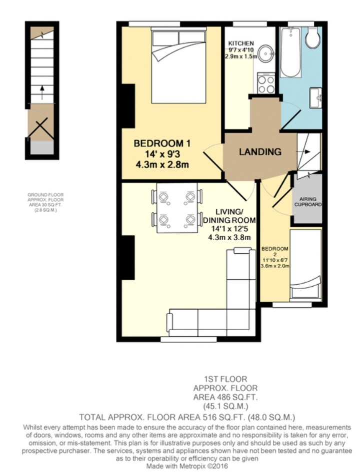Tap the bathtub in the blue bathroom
[290, 52]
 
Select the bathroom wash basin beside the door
[315, 97]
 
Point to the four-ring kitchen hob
[266, 83]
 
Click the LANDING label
[260, 152]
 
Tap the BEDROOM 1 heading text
[162, 143]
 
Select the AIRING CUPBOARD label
[308, 202]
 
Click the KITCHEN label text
[241, 43]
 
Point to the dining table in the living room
[177, 207]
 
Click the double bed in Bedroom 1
[178, 65]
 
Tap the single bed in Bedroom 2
[305, 265]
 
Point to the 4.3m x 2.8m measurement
[162, 165]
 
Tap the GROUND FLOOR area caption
[45, 203]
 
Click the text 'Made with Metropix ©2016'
[187, 466]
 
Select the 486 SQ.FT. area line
[225, 397]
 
